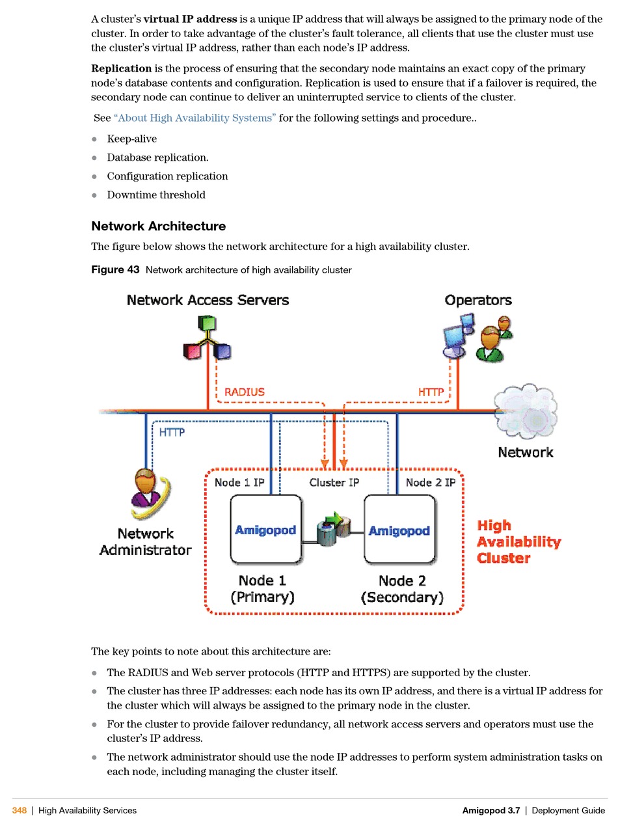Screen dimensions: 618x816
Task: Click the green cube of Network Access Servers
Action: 206,323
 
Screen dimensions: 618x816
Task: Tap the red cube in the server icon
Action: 192,351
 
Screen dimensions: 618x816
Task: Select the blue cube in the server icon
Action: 222,351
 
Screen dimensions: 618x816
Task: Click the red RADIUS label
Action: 244,392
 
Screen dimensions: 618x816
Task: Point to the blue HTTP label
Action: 172,432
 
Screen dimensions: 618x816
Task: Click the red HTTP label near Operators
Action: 431,392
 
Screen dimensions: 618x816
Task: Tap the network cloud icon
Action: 525,411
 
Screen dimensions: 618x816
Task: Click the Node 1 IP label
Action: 239,482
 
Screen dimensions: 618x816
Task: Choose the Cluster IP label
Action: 334,482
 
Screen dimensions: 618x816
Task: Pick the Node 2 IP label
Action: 431,482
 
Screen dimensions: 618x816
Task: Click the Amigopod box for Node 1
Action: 265,529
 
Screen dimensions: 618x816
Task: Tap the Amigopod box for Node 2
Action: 399,529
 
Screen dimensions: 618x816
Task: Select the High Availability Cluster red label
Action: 518,541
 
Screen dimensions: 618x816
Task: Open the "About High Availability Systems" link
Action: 195,118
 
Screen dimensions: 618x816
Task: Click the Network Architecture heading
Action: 159,226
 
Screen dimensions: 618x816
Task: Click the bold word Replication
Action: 122,68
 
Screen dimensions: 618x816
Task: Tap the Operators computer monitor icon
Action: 454,339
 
